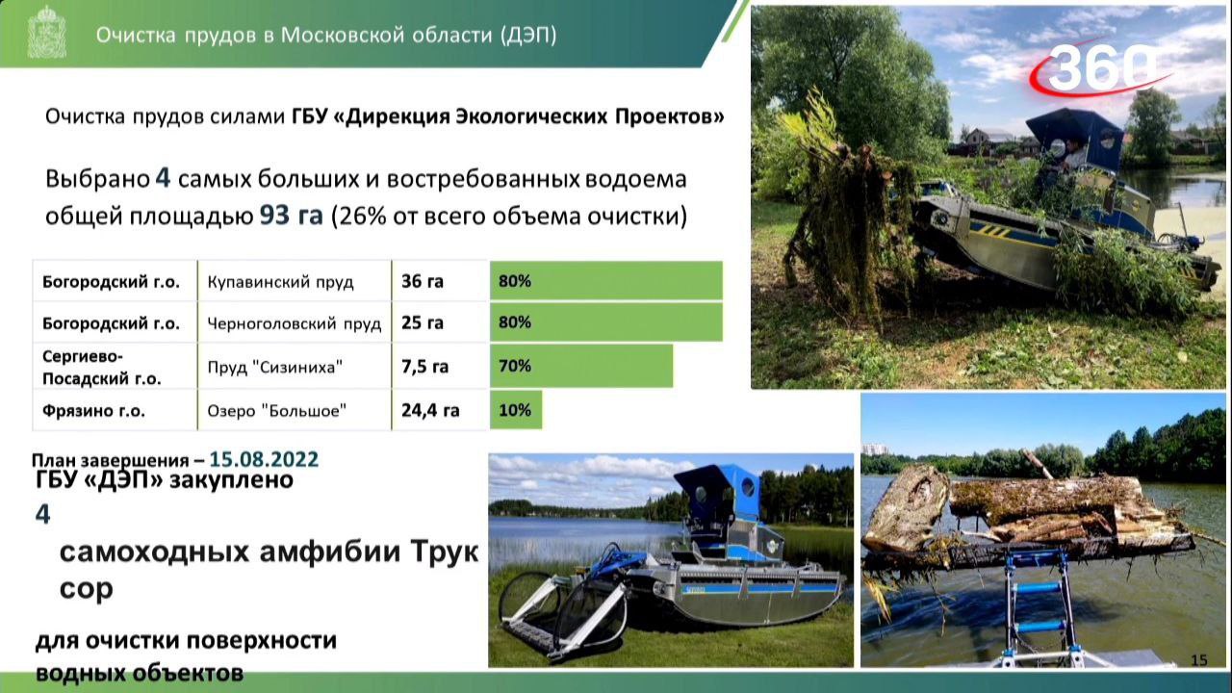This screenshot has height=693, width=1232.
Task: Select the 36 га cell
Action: pyautogui.click(x=423, y=282)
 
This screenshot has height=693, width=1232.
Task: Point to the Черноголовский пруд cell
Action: pyautogui.click(x=295, y=323)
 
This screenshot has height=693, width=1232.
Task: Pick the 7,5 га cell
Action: pyautogui.click(x=425, y=366)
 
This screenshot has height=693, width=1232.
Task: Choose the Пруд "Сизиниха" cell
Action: pyautogui.click(x=275, y=367)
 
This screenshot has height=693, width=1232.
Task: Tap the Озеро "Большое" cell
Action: pyautogui.click(x=277, y=410)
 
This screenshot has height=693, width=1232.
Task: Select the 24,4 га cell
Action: pyautogui.click(x=430, y=410)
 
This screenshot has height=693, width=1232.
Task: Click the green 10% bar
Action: pyautogui.click(x=516, y=410)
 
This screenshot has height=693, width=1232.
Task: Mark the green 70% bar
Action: pyautogui.click(x=581, y=366)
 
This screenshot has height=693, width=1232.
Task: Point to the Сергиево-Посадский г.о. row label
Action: pyautogui.click(x=101, y=367)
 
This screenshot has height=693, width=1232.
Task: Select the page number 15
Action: pyautogui.click(x=1198, y=659)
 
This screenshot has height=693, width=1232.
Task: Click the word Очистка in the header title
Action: pyautogui.click(x=135, y=35)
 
